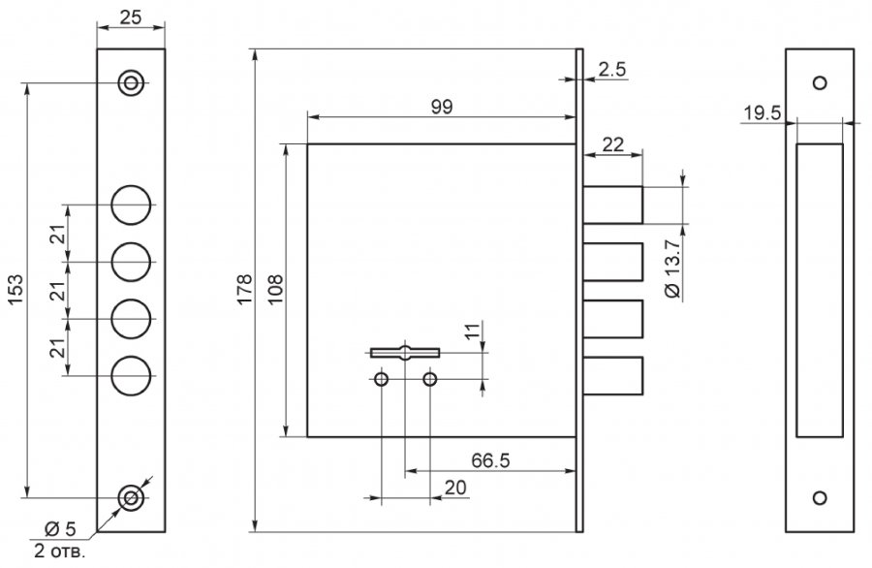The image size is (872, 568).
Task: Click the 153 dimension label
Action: click(16, 289)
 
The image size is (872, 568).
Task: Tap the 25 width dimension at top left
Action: click(131, 17)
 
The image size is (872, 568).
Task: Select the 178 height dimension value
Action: click(245, 289)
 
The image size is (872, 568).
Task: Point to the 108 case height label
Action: click(276, 289)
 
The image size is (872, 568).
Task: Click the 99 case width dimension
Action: click(442, 107)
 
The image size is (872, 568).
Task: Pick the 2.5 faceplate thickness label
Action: click(612, 70)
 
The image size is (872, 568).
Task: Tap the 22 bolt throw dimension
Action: click(613, 144)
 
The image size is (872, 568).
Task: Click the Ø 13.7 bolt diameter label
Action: click(672, 268)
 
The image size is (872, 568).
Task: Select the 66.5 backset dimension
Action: click(490, 460)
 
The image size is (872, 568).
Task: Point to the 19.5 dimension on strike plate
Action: click(763, 113)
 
